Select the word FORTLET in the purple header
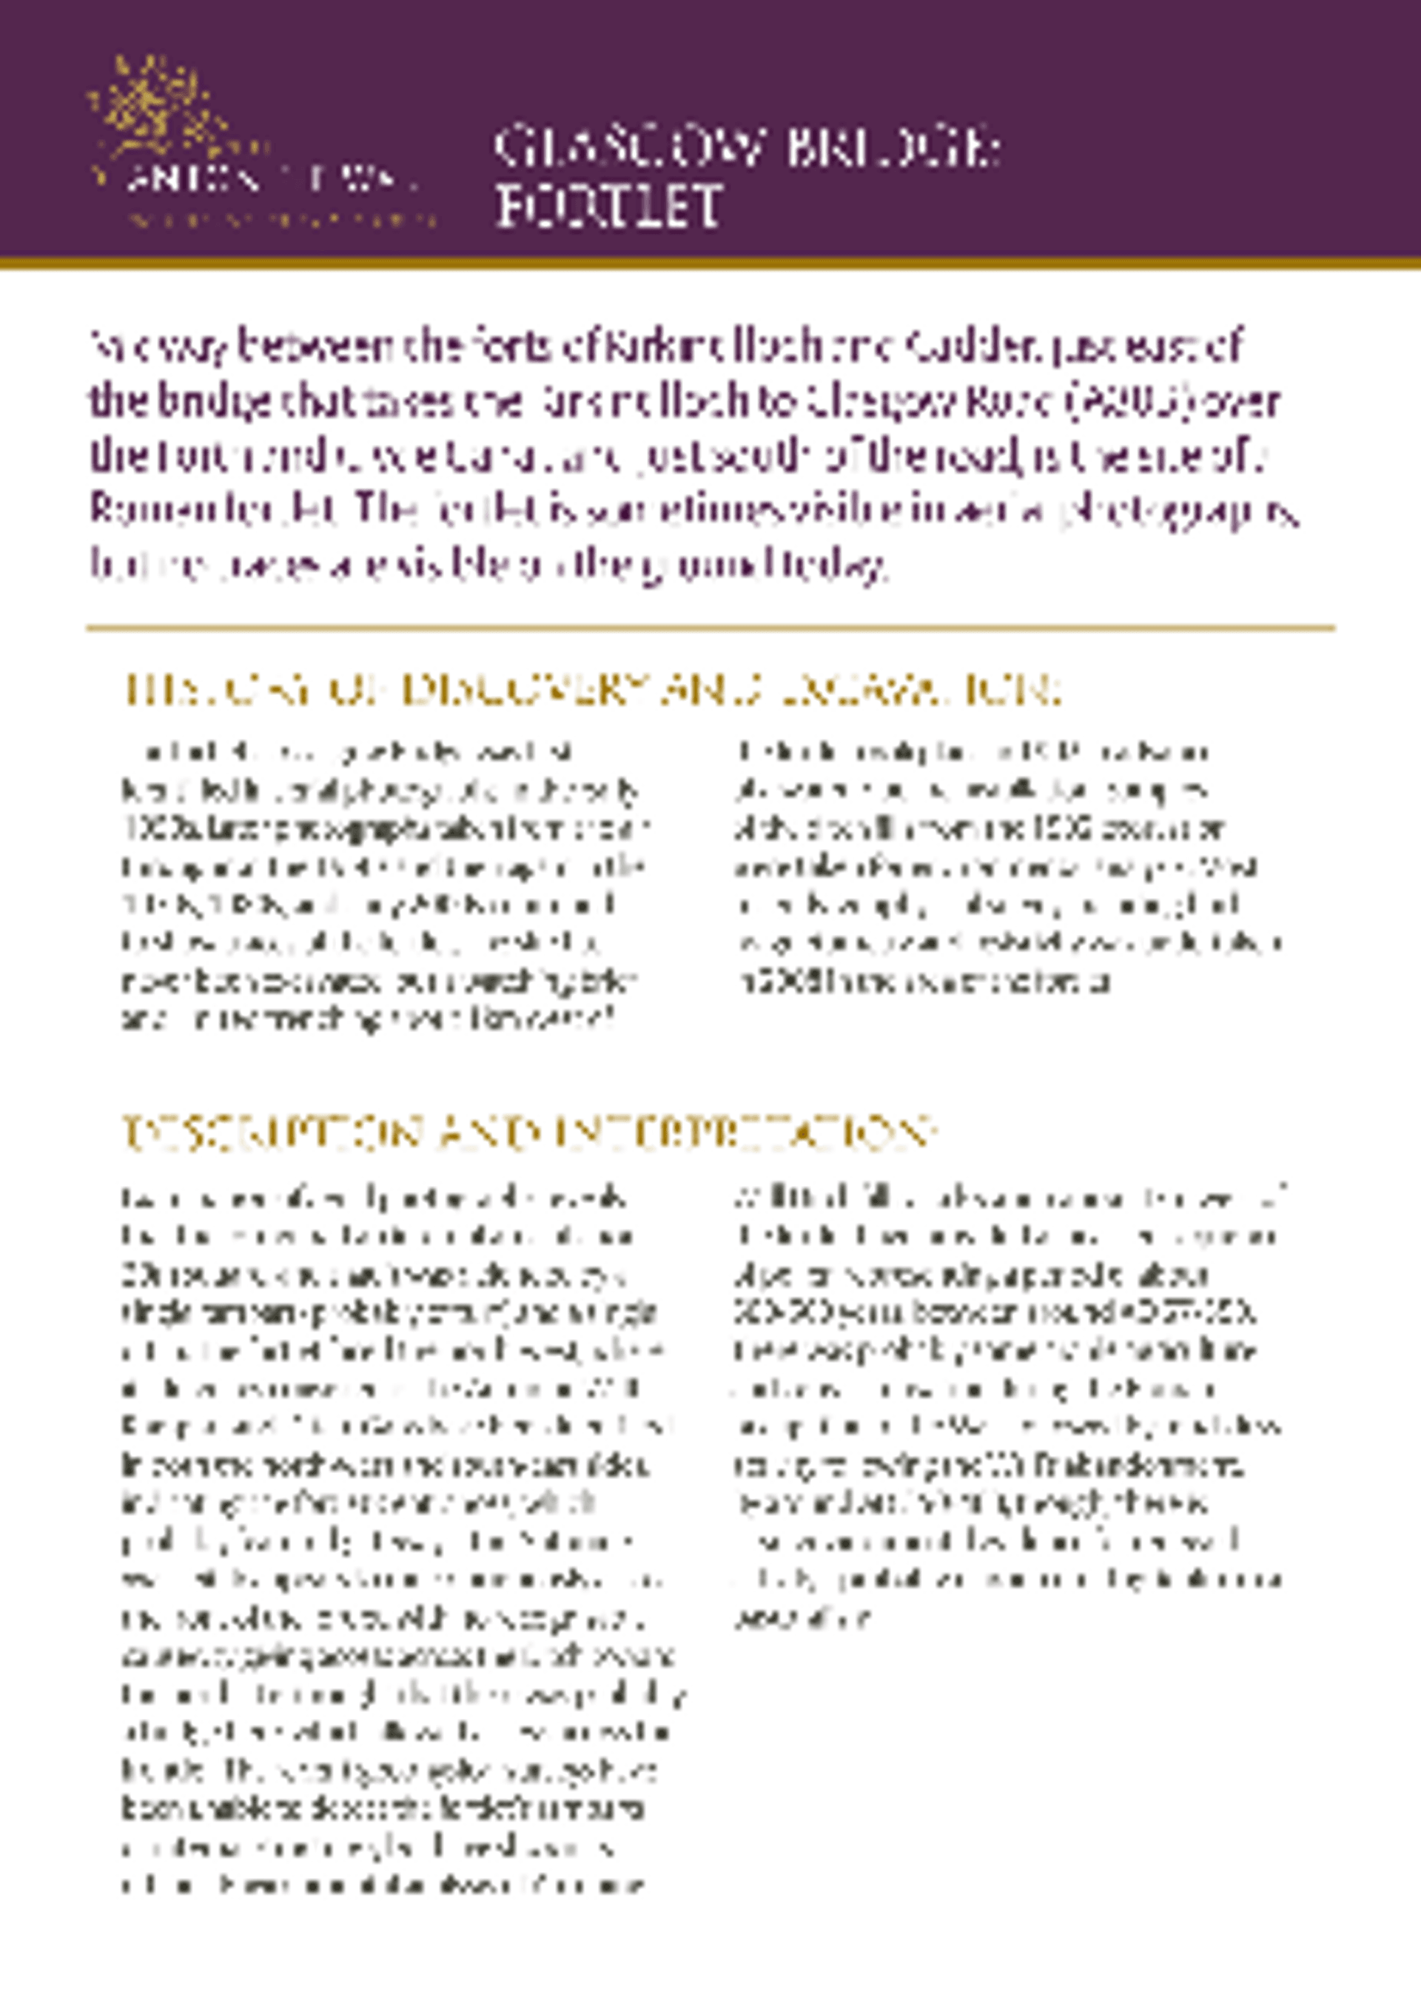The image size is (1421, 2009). (x=609, y=207)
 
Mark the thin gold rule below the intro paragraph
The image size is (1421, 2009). (x=710, y=628)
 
